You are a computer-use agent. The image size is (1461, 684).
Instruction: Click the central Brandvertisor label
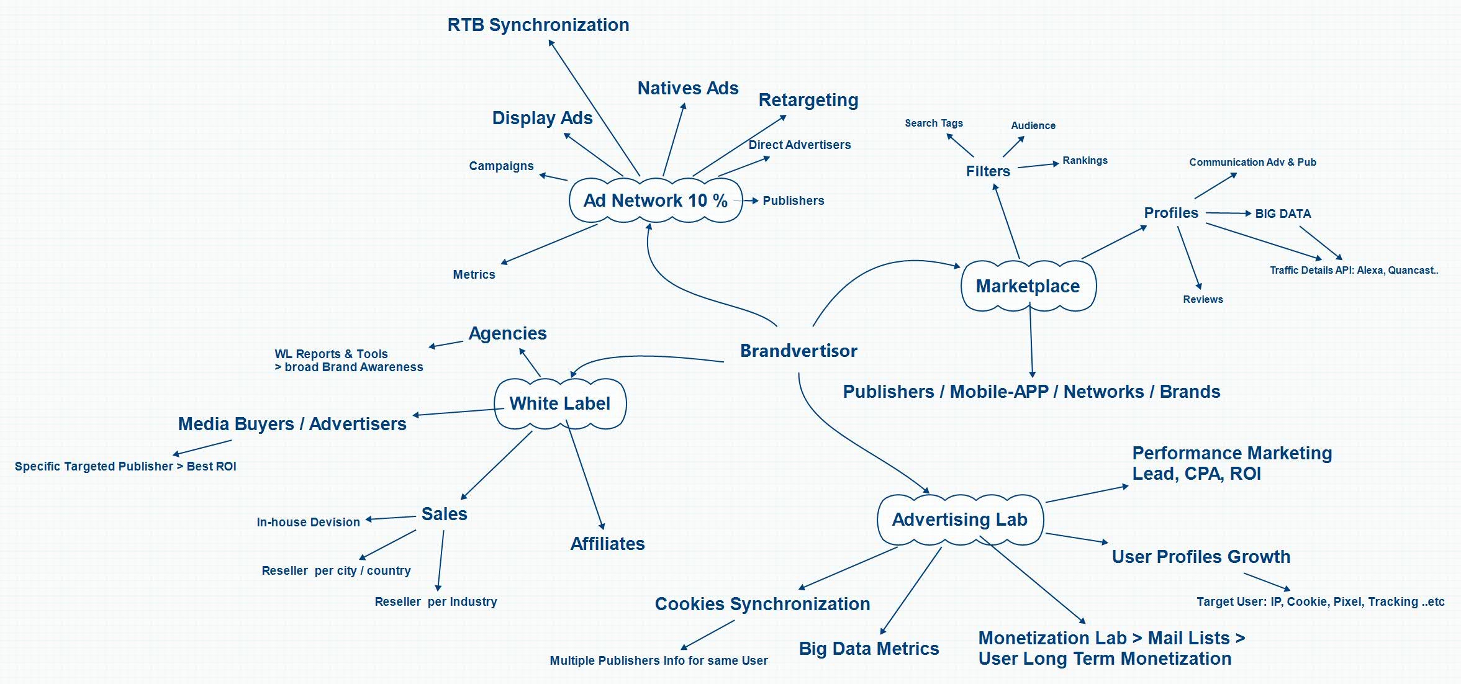(x=798, y=351)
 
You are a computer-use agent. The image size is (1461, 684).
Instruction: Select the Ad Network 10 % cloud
(x=655, y=200)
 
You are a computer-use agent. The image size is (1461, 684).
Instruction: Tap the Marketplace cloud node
(x=1028, y=286)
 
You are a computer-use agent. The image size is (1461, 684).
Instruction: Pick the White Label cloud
(x=559, y=403)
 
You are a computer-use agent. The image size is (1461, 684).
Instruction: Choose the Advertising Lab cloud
(x=959, y=520)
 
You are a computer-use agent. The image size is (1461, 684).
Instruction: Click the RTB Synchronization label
(x=538, y=25)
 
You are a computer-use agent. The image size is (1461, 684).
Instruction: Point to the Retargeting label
(x=808, y=100)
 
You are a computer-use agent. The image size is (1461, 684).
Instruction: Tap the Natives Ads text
(x=688, y=88)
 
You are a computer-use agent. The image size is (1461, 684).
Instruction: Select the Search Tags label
(x=933, y=123)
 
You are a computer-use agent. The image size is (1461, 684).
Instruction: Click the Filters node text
(x=988, y=171)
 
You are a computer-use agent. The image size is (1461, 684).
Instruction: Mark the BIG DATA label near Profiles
(x=1283, y=214)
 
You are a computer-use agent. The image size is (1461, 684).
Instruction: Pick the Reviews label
(x=1203, y=299)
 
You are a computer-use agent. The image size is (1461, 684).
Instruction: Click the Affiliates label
(x=607, y=544)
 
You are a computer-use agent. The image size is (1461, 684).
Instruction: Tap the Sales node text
(x=444, y=514)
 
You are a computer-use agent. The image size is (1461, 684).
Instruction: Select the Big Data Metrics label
(x=869, y=649)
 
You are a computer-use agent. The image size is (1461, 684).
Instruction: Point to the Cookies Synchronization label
(x=762, y=604)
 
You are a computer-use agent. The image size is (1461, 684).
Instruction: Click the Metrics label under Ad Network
(x=474, y=274)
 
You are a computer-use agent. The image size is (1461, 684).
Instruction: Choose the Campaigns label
(x=501, y=166)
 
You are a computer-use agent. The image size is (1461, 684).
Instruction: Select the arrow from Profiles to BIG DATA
(x=1228, y=213)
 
